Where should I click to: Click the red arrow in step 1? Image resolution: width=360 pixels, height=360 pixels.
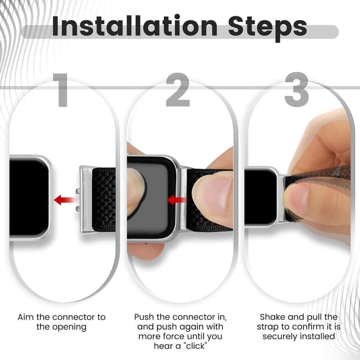pos(66,199)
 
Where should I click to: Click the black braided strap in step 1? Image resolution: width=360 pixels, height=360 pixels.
pos(104,199)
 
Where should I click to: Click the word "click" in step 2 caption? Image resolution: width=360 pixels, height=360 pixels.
pos(200,346)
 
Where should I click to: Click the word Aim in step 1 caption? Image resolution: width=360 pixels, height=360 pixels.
pos(26,317)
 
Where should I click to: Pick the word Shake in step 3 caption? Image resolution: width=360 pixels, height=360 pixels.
pos(272,317)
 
